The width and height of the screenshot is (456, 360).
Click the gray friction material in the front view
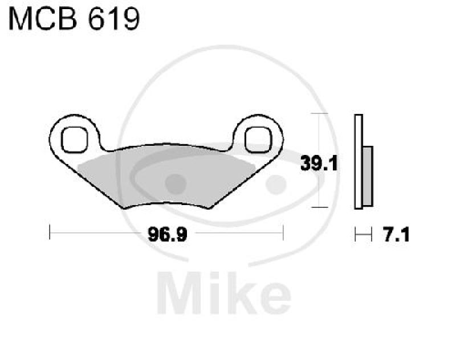click(x=165, y=174)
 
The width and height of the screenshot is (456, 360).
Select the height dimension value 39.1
click(x=320, y=164)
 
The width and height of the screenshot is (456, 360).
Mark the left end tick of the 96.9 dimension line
click(x=50, y=233)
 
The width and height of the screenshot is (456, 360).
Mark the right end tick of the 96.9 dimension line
click(x=283, y=233)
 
